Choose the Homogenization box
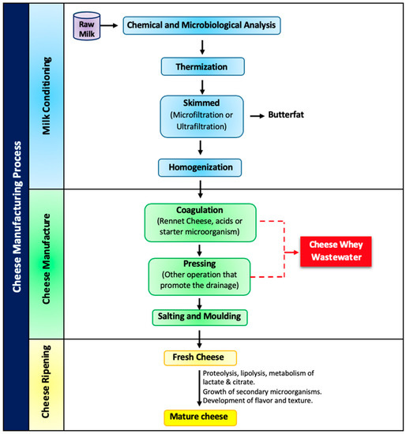coord(201,167)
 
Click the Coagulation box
coord(201,222)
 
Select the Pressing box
coord(201,275)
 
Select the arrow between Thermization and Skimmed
coord(202,88)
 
